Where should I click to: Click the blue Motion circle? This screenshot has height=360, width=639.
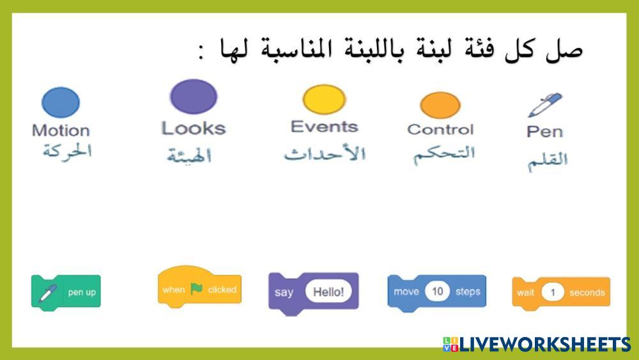[61, 102]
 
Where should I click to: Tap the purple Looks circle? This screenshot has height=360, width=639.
[194, 97]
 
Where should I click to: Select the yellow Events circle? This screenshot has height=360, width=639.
[325, 100]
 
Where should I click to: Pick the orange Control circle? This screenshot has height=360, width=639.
[440, 106]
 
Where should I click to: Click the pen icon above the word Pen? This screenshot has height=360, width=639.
[545, 105]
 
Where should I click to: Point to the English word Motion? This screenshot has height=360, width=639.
[61, 130]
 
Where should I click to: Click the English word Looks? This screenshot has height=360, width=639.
[194, 128]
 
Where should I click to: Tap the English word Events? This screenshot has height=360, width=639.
[325, 127]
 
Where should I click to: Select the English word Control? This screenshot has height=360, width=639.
[440, 130]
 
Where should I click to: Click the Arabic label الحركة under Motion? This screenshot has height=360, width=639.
[67, 152]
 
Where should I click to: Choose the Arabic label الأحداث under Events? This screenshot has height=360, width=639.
[325, 153]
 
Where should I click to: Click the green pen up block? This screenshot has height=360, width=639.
[66, 293]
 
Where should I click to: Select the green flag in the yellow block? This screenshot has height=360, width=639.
[197, 288]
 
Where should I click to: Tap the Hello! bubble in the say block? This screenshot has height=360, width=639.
[328, 292]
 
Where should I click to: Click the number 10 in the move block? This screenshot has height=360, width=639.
[437, 291]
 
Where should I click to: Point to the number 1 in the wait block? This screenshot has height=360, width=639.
[553, 292]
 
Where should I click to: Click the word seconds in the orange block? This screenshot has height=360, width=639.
[587, 293]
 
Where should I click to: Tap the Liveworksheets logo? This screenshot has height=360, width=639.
[537, 345]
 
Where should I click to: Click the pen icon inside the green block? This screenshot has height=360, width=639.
[48, 293]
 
